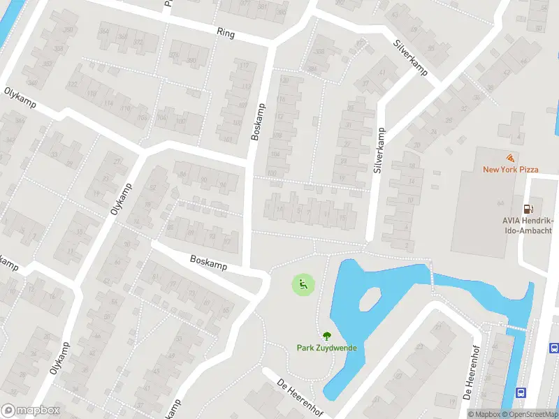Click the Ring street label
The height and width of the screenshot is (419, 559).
pos(226,33)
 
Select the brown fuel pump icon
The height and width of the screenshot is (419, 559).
pos(529,209)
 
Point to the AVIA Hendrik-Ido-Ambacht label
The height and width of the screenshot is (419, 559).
pos(528,226)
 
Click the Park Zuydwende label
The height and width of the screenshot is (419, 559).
pos(326,347)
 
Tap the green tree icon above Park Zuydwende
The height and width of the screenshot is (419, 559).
pos(326,335)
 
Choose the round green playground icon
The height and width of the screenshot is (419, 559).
pos(303,284)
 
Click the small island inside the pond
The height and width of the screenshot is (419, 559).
pos(370,299)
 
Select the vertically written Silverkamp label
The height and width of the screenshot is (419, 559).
pos(379,150)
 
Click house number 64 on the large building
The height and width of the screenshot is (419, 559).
pos(500,203)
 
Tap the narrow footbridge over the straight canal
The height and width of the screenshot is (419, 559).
pos(518,327)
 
